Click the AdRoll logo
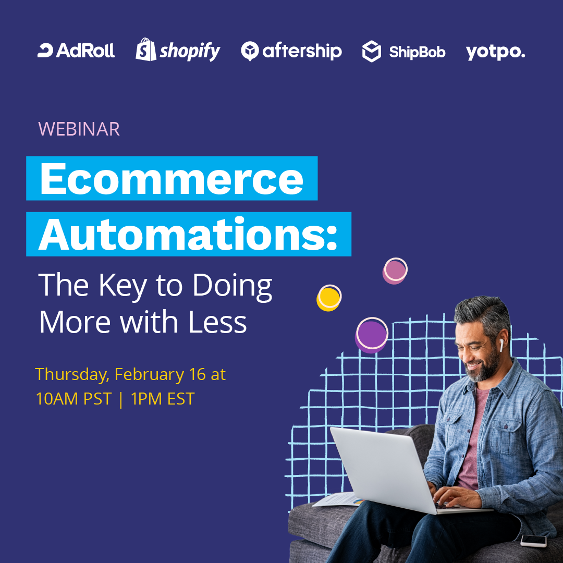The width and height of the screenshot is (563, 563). [x=76, y=51]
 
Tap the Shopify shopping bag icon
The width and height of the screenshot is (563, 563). [x=145, y=50]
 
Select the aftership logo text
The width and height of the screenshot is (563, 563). [x=302, y=51]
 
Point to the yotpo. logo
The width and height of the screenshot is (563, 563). [x=495, y=52]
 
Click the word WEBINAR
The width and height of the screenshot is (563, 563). [x=79, y=129]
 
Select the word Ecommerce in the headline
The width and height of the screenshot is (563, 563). [x=172, y=178]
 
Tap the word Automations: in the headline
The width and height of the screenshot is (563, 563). [x=188, y=234]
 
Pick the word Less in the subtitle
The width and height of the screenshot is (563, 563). [x=217, y=322]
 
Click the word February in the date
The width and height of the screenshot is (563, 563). [x=149, y=375]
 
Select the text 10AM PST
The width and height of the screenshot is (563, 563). [x=74, y=399]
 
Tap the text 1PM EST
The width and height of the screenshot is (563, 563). [x=162, y=399]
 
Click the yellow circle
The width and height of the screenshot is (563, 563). [x=328, y=298]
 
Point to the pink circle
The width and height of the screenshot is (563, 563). [x=395, y=271]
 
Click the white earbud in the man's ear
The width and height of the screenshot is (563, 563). [x=501, y=345]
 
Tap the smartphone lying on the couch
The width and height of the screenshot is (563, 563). [x=533, y=541]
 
